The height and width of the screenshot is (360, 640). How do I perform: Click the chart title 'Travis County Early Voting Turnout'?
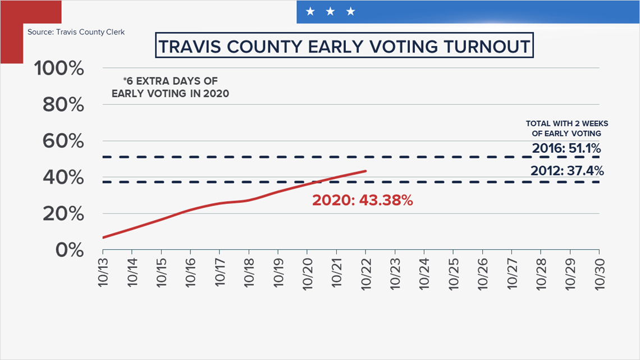[344, 46]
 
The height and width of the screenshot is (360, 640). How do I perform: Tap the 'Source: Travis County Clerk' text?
[76, 32]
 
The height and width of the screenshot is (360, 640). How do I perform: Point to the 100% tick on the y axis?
[59, 68]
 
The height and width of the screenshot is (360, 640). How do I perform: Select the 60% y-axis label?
[63, 141]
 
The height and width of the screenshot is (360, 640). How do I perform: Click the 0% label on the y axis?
[70, 250]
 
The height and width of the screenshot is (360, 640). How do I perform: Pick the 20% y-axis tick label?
[63, 214]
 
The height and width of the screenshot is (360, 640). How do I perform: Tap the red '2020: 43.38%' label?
[363, 200]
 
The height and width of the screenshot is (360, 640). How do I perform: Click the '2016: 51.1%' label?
[566, 148]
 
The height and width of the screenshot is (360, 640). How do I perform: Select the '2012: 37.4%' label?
[567, 170]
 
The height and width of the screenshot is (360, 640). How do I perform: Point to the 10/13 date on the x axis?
[103, 272]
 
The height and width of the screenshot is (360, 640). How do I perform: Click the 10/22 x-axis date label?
[366, 274]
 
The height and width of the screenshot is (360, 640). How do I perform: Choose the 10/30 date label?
[600, 274]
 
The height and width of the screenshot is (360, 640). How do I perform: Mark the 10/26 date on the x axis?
[483, 274]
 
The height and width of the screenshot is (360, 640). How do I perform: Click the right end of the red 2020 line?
[365, 171]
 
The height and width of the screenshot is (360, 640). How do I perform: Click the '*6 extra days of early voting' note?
[170, 88]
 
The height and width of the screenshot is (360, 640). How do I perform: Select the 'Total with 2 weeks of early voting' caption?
[567, 128]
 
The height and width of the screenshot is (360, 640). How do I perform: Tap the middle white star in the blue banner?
[330, 11]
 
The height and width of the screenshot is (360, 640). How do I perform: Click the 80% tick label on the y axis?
[63, 105]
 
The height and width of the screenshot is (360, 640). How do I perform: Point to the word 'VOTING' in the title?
[372, 46]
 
